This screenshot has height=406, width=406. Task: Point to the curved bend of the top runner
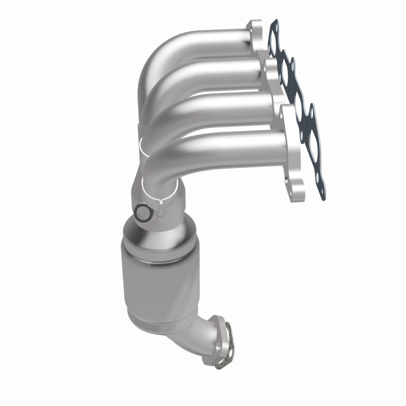(x=152, y=61)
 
